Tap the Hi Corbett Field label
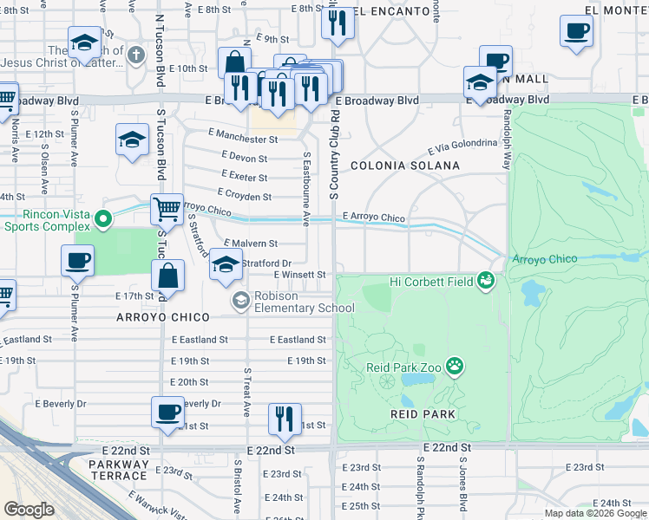pyautogui.click(x=431, y=281)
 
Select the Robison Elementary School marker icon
pyautogui.click(x=239, y=301)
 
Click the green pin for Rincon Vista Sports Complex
pyautogui.click(x=103, y=218)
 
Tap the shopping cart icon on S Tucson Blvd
pyautogui.click(x=167, y=209)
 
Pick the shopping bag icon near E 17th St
pyautogui.click(x=168, y=276)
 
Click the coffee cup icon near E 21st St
pyautogui.click(x=168, y=413)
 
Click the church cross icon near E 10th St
pyautogui.click(x=134, y=56)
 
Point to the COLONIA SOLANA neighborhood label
pyautogui.click(x=404, y=166)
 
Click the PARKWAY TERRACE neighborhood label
pyautogui.click(x=118, y=470)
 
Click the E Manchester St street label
pyautogui.click(x=243, y=139)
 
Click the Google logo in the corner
pyautogui.click(x=29, y=510)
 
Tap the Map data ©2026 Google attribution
pyautogui.click(x=594, y=513)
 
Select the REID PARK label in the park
pyautogui.click(x=423, y=414)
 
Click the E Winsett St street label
pyautogui.click(x=299, y=275)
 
